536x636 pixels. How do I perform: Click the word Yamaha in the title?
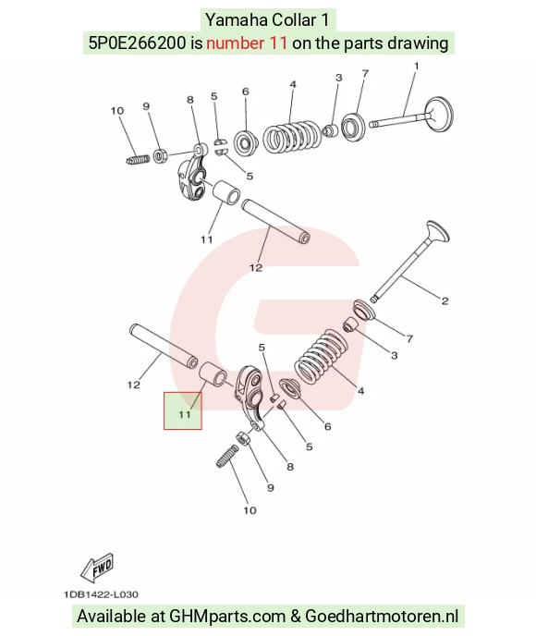pyautogui.click(x=235, y=20)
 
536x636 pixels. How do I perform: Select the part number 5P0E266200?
pyautogui.click(x=138, y=43)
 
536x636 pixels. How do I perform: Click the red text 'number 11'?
pyautogui.click(x=247, y=43)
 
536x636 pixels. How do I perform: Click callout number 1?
pyautogui.click(x=416, y=66)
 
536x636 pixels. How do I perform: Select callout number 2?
pyautogui.click(x=445, y=301)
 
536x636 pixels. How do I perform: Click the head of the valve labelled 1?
pyautogui.click(x=438, y=114)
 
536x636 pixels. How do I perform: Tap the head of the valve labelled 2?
pyautogui.click(x=438, y=232)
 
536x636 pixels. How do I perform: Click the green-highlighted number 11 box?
pyautogui.click(x=183, y=410)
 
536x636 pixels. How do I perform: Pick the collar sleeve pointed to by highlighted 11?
pyautogui.click(x=212, y=374)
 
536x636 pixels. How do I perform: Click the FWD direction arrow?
pyautogui.click(x=97, y=567)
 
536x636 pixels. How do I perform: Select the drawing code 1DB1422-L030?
pyautogui.click(x=101, y=594)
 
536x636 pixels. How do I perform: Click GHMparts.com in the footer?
pyautogui.click(x=227, y=616)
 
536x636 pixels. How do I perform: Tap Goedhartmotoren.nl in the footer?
pyautogui.click(x=382, y=616)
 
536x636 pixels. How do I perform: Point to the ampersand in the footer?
pyautogui.click(x=295, y=616)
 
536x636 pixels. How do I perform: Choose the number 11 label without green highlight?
pyautogui.click(x=207, y=239)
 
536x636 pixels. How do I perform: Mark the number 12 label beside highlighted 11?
pyautogui.click(x=134, y=385)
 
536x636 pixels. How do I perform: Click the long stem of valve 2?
pyautogui.click(x=400, y=269)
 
